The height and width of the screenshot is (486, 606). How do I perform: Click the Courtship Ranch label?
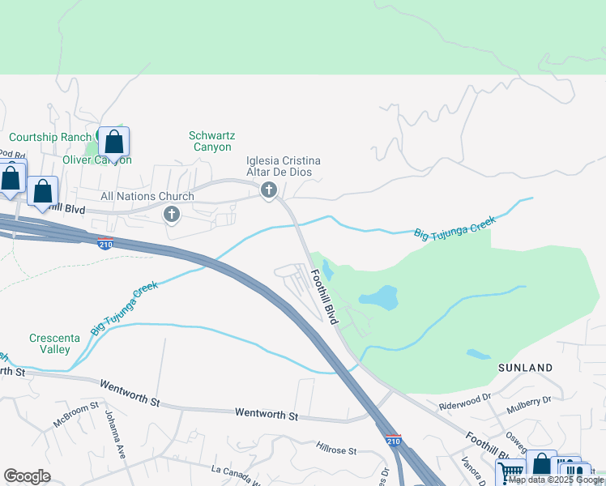[x=50, y=137]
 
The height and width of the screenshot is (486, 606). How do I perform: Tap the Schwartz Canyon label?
[x=213, y=142]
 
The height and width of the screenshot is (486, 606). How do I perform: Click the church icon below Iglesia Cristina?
[x=268, y=190]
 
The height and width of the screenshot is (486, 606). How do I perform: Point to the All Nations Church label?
[x=147, y=196]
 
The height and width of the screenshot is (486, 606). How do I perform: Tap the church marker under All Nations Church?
[x=171, y=215]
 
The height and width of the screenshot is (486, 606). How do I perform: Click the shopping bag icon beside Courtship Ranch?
[x=114, y=143]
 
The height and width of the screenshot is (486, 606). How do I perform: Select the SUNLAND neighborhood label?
[x=525, y=368]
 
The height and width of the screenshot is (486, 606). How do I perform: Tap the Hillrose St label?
[x=336, y=447]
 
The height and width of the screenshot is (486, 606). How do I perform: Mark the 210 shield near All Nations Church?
[x=105, y=244]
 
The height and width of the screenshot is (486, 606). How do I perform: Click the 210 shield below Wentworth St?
[x=392, y=440]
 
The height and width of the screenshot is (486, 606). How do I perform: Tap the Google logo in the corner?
[x=28, y=476]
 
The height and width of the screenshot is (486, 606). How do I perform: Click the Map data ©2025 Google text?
[x=557, y=480]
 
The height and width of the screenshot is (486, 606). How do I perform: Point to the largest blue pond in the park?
[x=378, y=298]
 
